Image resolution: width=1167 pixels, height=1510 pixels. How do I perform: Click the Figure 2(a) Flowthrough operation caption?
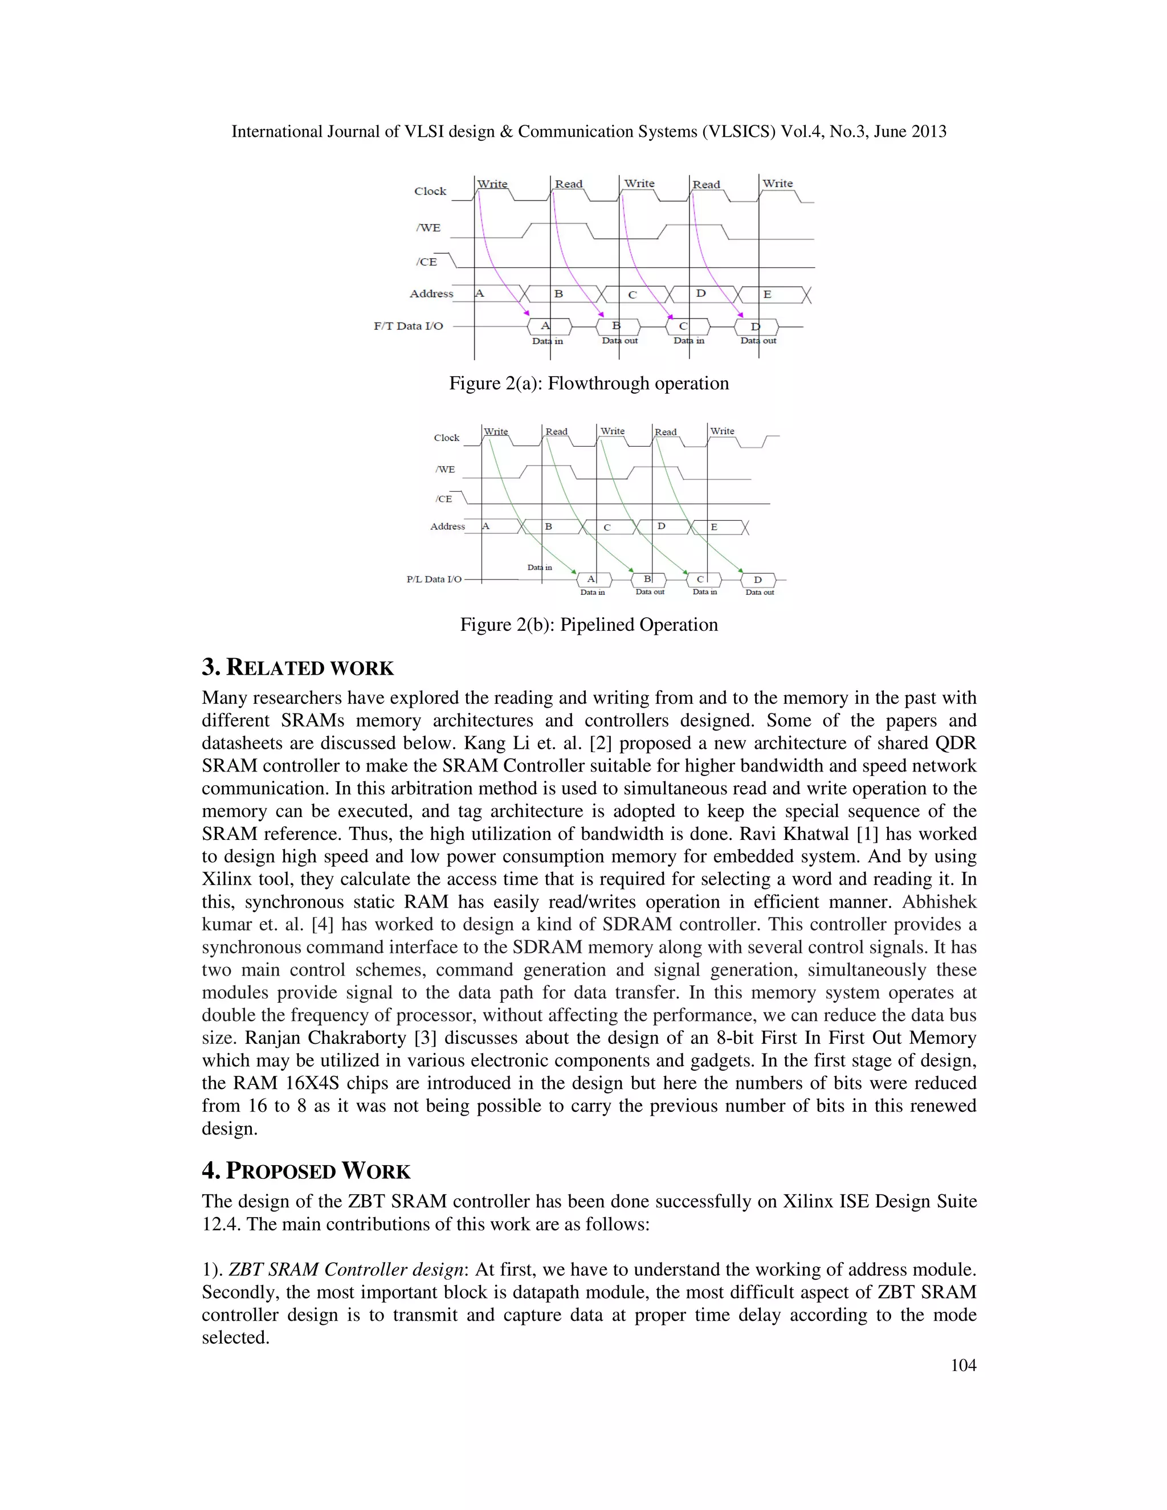pyautogui.click(x=588, y=383)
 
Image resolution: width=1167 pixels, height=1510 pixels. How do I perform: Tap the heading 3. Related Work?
pyautogui.click(x=297, y=668)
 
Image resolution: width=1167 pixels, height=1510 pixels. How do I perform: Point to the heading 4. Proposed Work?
pyautogui.click(x=305, y=1171)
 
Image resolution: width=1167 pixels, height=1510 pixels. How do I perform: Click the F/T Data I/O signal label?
pyautogui.click(x=409, y=327)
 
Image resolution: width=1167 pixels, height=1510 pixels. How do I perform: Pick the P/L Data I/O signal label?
pyautogui.click(x=434, y=579)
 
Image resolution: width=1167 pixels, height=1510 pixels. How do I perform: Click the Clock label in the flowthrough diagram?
pyautogui.click(x=430, y=191)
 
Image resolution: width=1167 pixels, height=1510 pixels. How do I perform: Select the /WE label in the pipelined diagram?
pyautogui.click(x=445, y=470)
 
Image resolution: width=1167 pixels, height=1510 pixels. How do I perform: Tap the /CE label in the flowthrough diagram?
pyautogui.click(x=427, y=262)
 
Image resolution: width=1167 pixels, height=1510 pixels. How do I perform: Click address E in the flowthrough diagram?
pyautogui.click(x=767, y=295)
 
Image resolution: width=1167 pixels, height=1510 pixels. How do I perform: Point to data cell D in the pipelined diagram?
pyautogui.click(x=758, y=580)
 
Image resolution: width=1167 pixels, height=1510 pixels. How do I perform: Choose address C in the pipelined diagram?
pyautogui.click(x=607, y=528)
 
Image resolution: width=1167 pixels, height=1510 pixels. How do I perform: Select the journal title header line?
pyautogui.click(x=588, y=132)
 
